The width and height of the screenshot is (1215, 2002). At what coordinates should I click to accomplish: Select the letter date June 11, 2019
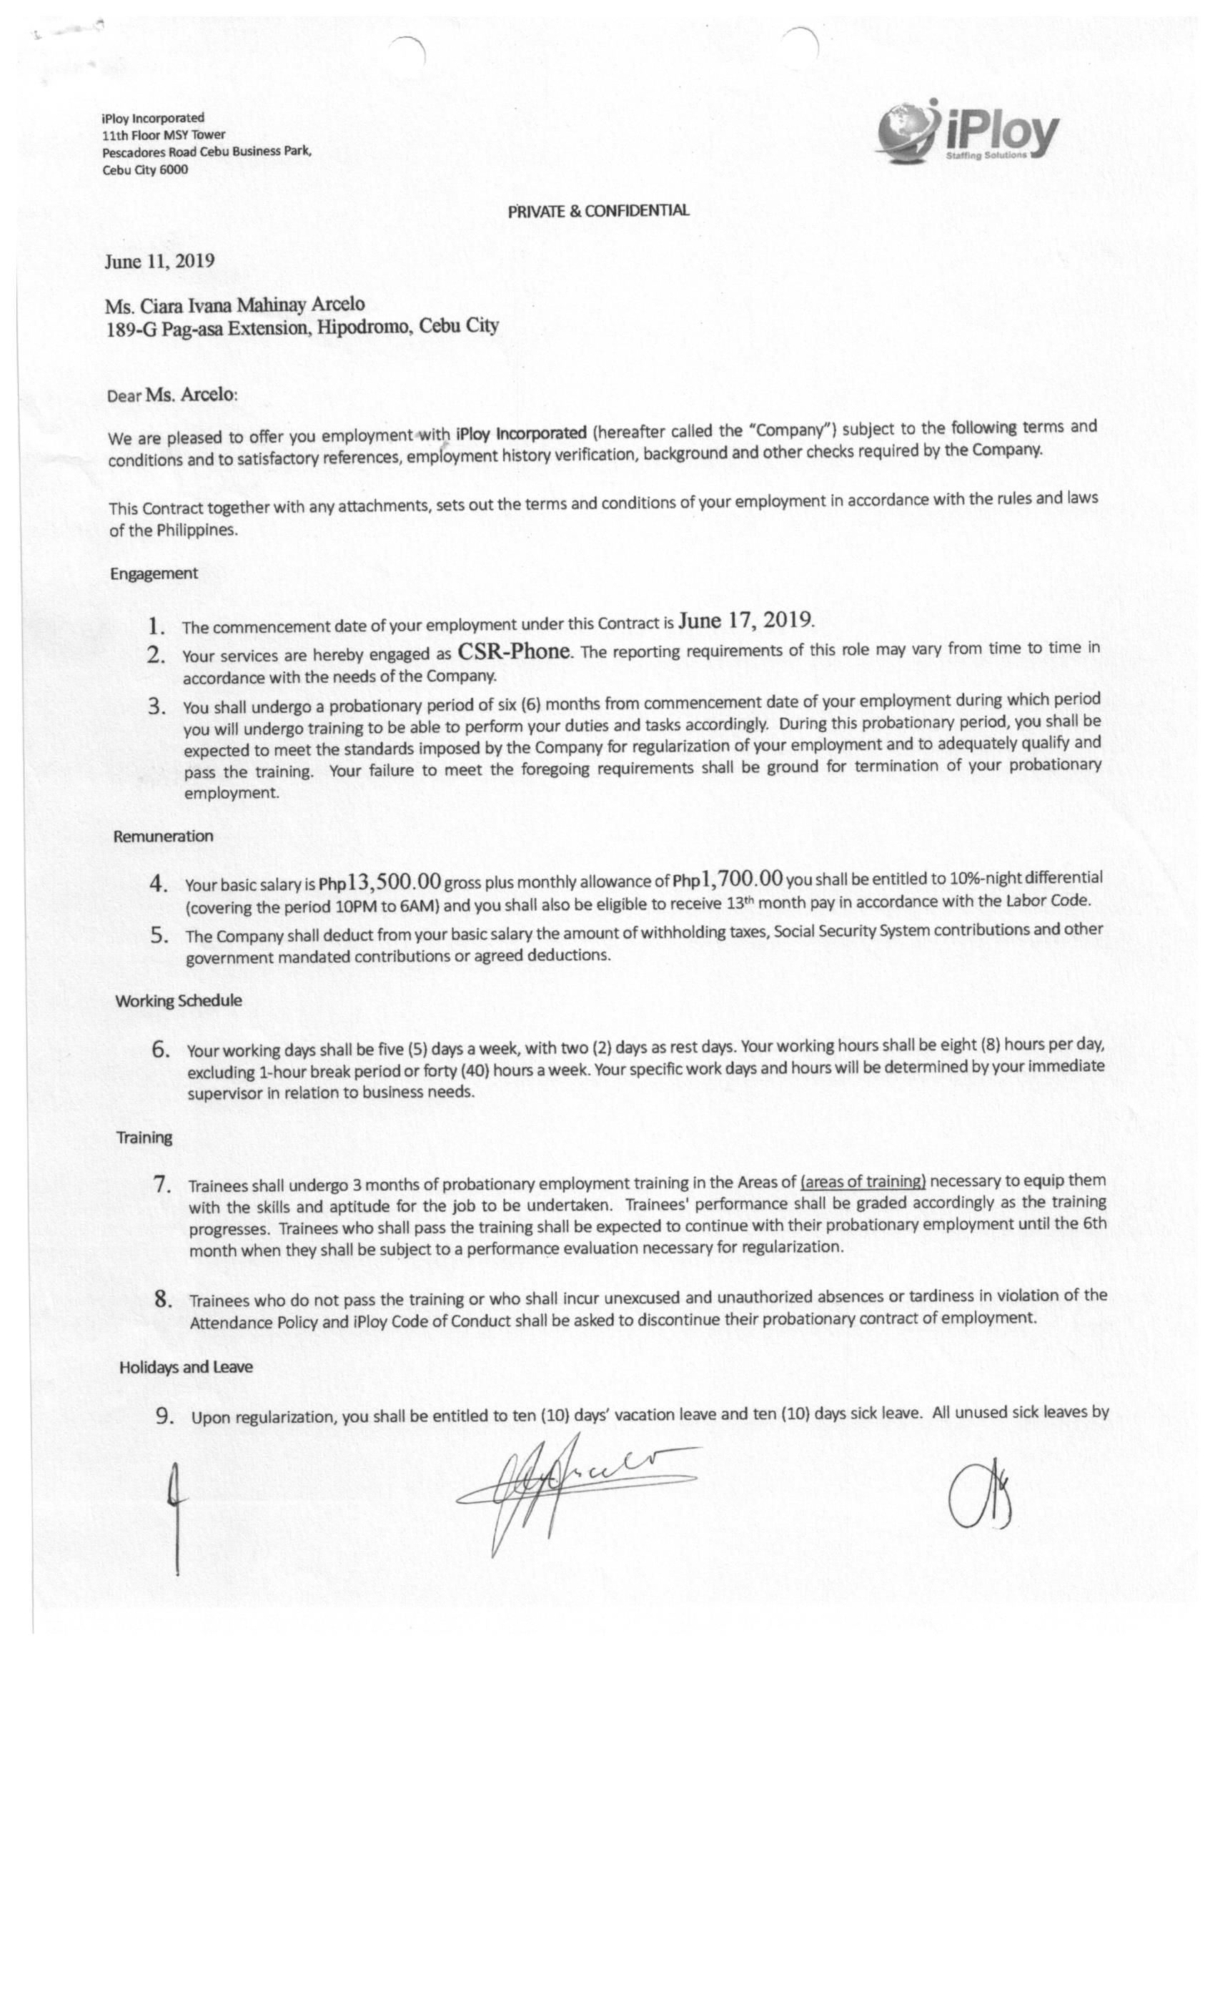pyautogui.click(x=159, y=261)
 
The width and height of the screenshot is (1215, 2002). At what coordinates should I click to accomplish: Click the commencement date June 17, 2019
pyautogui.click(x=745, y=621)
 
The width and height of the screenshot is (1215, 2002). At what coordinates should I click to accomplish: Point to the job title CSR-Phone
pyautogui.click(x=514, y=651)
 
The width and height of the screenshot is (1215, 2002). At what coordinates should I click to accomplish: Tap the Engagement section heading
pyautogui.click(x=154, y=573)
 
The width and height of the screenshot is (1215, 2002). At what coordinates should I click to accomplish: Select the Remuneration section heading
pyautogui.click(x=163, y=836)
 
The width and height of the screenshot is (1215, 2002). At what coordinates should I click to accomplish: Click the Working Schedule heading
pyautogui.click(x=179, y=1000)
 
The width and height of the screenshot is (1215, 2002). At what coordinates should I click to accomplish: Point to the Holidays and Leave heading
pyautogui.click(x=186, y=1366)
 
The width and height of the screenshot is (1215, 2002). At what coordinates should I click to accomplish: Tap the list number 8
pyautogui.click(x=163, y=1299)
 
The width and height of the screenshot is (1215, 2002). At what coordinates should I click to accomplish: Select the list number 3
pyautogui.click(x=157, y=707)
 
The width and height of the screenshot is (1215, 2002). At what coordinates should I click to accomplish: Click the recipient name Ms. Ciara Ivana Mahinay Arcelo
pyautogui.click(x=234, y=305)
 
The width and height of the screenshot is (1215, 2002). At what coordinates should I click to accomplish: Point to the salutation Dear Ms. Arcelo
pyautogui.click(x=172, y=395)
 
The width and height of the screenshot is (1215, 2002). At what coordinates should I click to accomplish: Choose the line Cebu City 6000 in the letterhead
pyautogui.click(x=144, y=170)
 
